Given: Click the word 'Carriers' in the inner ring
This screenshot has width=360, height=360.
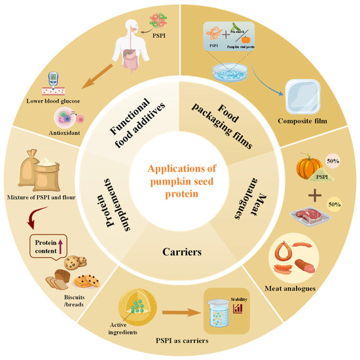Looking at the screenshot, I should point(179,251).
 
